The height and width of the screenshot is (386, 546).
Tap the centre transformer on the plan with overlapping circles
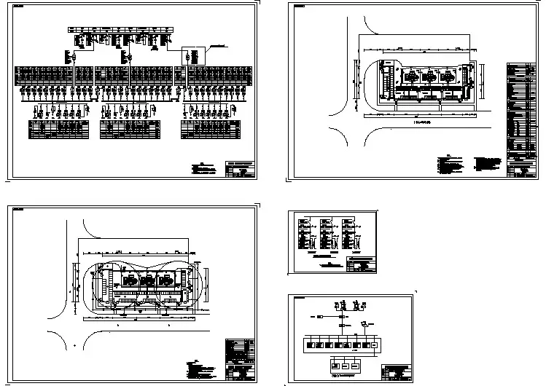(x=149, y=280)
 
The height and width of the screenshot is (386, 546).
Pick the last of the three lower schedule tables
(x=211, y=129)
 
